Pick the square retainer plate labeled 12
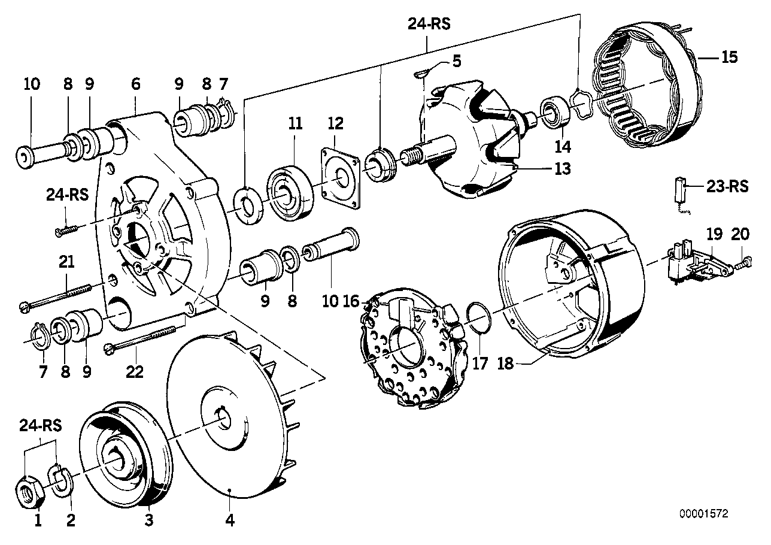339,180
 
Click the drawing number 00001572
704,514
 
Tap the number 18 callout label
506,364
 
